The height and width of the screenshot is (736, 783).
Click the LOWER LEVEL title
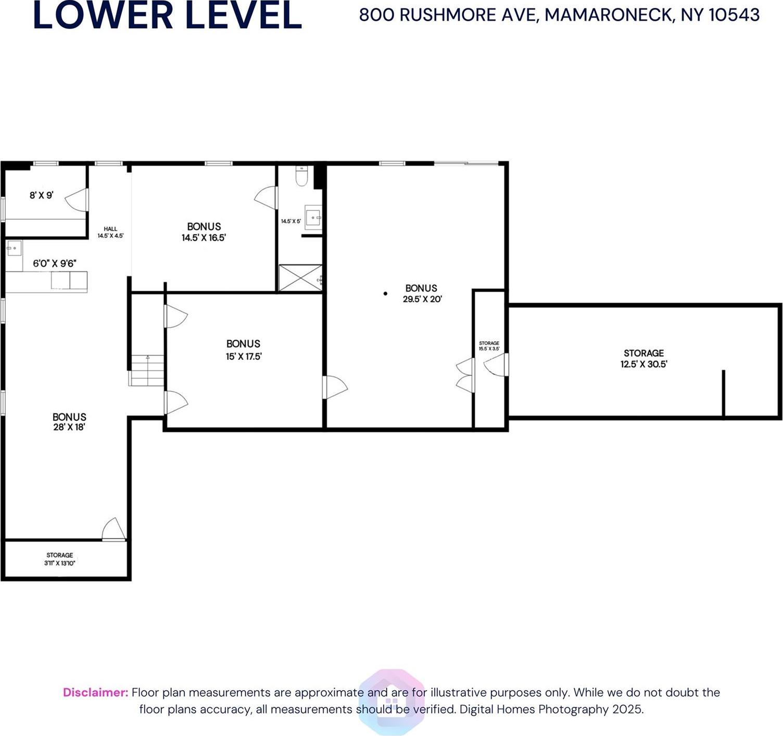(167, 16)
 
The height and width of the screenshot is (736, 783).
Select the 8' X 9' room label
(41, 195)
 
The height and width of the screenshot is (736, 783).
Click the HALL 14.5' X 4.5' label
(110, 232)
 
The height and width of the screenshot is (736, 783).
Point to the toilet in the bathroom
(301, 176)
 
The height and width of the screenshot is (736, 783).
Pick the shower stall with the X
(300, 278)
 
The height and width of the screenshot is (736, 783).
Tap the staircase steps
(147, 370)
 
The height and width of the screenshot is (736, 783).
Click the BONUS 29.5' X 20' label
(422, 293)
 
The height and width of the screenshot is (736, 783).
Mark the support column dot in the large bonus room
(385, 294)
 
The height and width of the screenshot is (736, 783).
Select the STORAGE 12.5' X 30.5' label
(643, 358)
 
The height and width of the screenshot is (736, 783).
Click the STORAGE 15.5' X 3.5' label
(489, 346)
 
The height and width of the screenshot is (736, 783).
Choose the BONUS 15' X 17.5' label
(243, 350)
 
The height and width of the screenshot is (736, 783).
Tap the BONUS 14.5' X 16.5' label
(204, 232)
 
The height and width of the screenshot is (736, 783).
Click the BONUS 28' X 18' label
(69, 421)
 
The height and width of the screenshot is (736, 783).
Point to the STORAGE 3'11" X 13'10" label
(60, 559)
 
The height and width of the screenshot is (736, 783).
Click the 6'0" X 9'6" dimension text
(55, 264)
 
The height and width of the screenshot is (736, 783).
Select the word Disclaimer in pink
(95, 692)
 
